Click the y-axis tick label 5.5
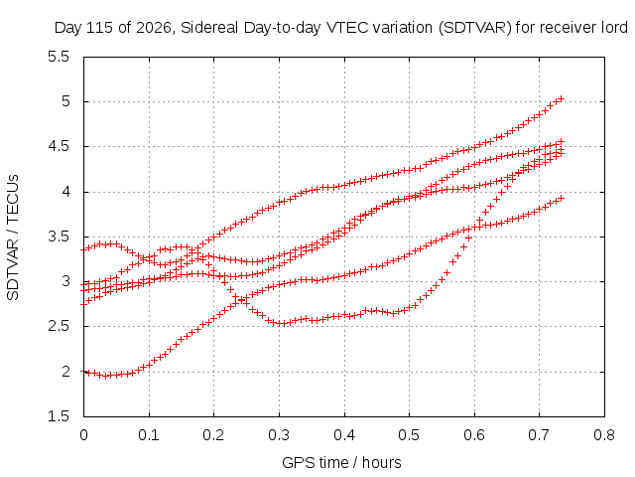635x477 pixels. pos(59,57)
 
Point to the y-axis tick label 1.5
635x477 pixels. pos(59,416)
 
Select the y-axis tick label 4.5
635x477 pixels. pos(59,146)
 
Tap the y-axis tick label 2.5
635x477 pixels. pos(59,326)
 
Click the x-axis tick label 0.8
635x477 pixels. pos(604,435)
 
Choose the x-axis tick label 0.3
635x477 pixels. pos(279,435)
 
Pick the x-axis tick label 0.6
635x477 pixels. pos(474,435)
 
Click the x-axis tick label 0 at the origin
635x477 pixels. pos(83,435)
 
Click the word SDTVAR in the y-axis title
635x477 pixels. pos(13,269)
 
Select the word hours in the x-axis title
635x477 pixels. pos(381,462)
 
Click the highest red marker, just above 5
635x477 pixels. pos(561,98)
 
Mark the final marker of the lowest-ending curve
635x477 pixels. pos(561,198)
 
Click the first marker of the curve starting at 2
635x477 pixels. pos(83,371)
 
